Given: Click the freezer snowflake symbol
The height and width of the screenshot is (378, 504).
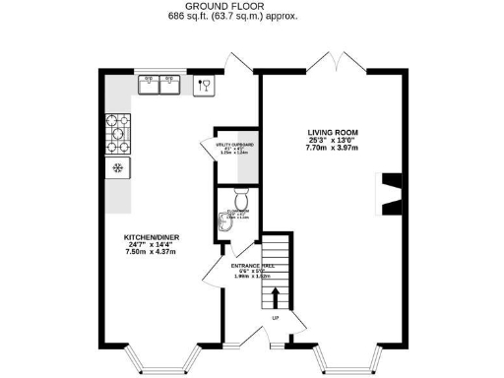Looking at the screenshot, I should click(117, 168).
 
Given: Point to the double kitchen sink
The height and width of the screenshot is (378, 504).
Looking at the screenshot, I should click(159, 86).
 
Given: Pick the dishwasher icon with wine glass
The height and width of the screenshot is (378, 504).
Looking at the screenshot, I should click(205, 86).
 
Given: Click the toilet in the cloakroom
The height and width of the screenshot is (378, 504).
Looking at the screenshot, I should click(241, 206).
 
